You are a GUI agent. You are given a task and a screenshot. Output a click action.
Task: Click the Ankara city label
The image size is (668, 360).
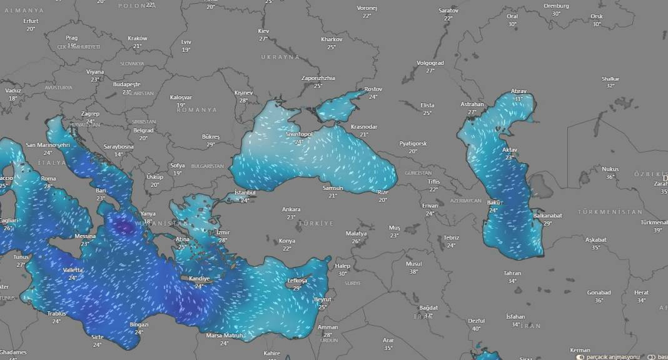(291, 209)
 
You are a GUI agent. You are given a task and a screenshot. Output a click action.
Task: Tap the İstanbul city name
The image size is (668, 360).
(245, 192)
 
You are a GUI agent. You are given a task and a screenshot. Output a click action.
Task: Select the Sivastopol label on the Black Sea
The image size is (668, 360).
(298, 134)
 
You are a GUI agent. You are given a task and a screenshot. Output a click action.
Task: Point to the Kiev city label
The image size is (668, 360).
(263, 31)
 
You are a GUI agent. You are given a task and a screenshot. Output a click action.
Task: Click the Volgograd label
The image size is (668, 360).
(430, 63)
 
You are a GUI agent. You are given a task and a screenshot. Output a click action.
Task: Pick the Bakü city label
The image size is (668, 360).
(494, 202)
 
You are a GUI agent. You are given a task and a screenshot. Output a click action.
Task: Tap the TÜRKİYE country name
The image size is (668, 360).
(316, 223)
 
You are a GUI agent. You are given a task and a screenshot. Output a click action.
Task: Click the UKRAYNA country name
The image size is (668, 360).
(281, 57)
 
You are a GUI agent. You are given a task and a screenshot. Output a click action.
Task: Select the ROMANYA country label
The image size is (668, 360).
(197, 110)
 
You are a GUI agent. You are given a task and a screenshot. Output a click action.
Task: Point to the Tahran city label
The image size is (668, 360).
(512, 273)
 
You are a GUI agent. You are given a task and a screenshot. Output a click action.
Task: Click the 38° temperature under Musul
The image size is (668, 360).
(413, 271)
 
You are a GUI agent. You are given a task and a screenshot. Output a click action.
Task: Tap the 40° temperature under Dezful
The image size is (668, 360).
(477, 328)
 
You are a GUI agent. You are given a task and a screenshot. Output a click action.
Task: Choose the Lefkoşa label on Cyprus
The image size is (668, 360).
(298, 281)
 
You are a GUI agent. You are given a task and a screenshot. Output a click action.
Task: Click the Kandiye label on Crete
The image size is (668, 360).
(199, 279)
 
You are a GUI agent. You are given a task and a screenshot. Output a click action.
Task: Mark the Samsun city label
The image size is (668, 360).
(332, 188)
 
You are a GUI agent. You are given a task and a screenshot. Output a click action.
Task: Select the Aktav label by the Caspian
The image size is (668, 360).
(510, 150)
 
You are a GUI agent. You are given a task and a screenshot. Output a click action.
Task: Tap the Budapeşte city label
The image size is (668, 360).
(127, 84)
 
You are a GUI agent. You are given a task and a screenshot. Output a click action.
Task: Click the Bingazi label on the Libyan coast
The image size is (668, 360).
(138, 325)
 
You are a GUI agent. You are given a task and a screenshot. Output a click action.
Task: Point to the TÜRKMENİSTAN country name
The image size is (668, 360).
(610, 212)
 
